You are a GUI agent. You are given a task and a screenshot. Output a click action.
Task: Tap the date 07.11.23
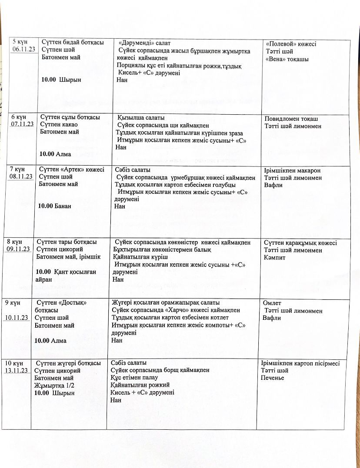click(x=23, y=124)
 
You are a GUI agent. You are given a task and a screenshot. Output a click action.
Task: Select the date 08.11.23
click(x=21, y=176)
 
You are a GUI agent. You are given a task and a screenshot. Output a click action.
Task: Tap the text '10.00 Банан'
click(x=54, y=206)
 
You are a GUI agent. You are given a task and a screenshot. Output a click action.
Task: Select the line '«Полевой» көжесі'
click(x=291, y=44)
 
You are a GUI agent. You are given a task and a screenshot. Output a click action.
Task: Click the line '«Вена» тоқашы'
click(x=287, y=59)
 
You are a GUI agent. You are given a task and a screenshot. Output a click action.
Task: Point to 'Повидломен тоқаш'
click(x=291, y=119)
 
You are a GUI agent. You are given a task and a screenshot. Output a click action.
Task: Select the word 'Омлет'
click(x=272, y=303)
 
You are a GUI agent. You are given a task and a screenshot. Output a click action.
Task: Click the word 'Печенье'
click(x=272, y=378)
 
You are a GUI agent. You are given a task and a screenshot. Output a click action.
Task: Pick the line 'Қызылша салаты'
click(x=140, y=118)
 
